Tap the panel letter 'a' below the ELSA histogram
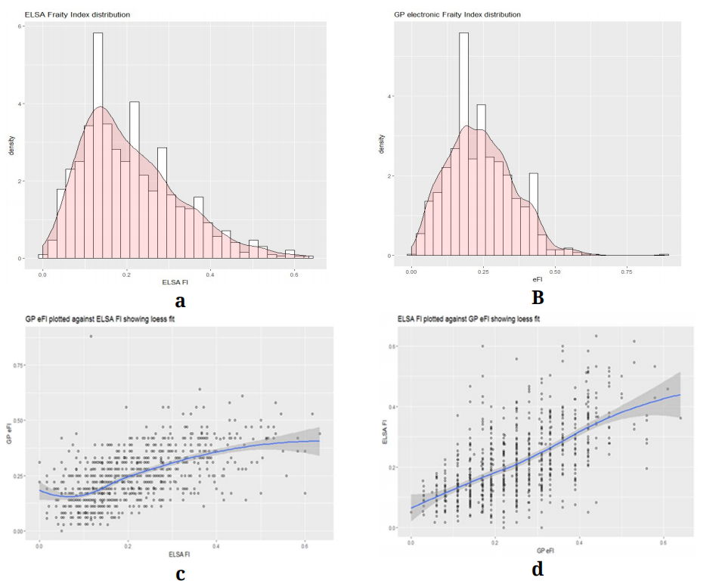coord(180,301)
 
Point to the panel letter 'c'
coord(180,573)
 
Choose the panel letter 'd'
coord(538,569)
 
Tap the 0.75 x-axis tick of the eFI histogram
coord(625,270)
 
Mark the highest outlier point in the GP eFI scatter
coord(91,337)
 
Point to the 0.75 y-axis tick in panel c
coord(20,365)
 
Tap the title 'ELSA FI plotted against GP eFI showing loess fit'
coord(469,319)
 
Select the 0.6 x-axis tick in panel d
coord(662,542)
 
